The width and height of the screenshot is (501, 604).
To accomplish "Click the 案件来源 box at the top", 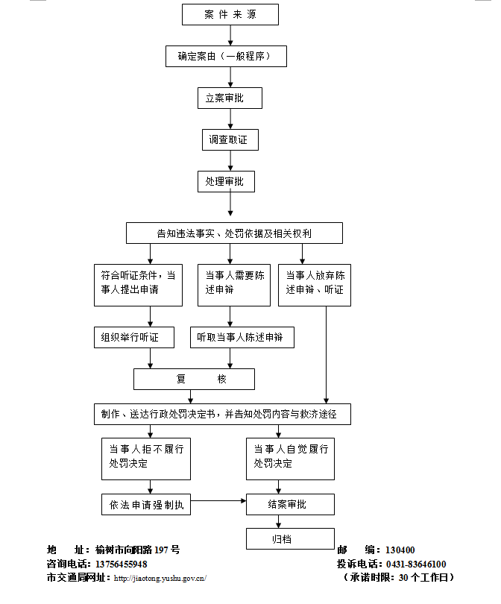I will click(x=230, y=15).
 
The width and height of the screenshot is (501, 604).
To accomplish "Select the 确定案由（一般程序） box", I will click(x=226, y=56).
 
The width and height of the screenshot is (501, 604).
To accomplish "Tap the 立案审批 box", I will click(x=230, y=98).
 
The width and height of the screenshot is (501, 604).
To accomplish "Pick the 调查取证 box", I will click(x=230, y=139).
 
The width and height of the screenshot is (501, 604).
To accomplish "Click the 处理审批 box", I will click(x=230, y=181).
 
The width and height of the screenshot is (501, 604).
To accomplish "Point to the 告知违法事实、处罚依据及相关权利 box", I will click(x=234, y=233).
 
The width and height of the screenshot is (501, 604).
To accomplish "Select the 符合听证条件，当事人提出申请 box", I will click(x=138, y=284).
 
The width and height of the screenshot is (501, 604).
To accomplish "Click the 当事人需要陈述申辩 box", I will click(x=234, y=284).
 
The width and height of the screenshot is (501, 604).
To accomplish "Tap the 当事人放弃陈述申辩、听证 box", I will click(x=315, y=284).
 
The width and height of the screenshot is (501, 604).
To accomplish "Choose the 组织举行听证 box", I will click(x=134, y=337).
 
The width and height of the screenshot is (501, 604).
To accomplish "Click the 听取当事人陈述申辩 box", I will click(x=242, y=337).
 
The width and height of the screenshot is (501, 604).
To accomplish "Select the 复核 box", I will click(x=194, y=379).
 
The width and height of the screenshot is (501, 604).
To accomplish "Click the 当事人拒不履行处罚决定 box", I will click(x=146, y=457).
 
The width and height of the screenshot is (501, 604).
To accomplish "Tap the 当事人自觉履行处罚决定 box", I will click(x=291, y=457).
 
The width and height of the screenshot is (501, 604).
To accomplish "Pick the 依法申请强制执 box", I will click(x=146, y=504).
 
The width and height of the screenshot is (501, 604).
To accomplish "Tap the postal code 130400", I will click(x=400, y=550).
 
